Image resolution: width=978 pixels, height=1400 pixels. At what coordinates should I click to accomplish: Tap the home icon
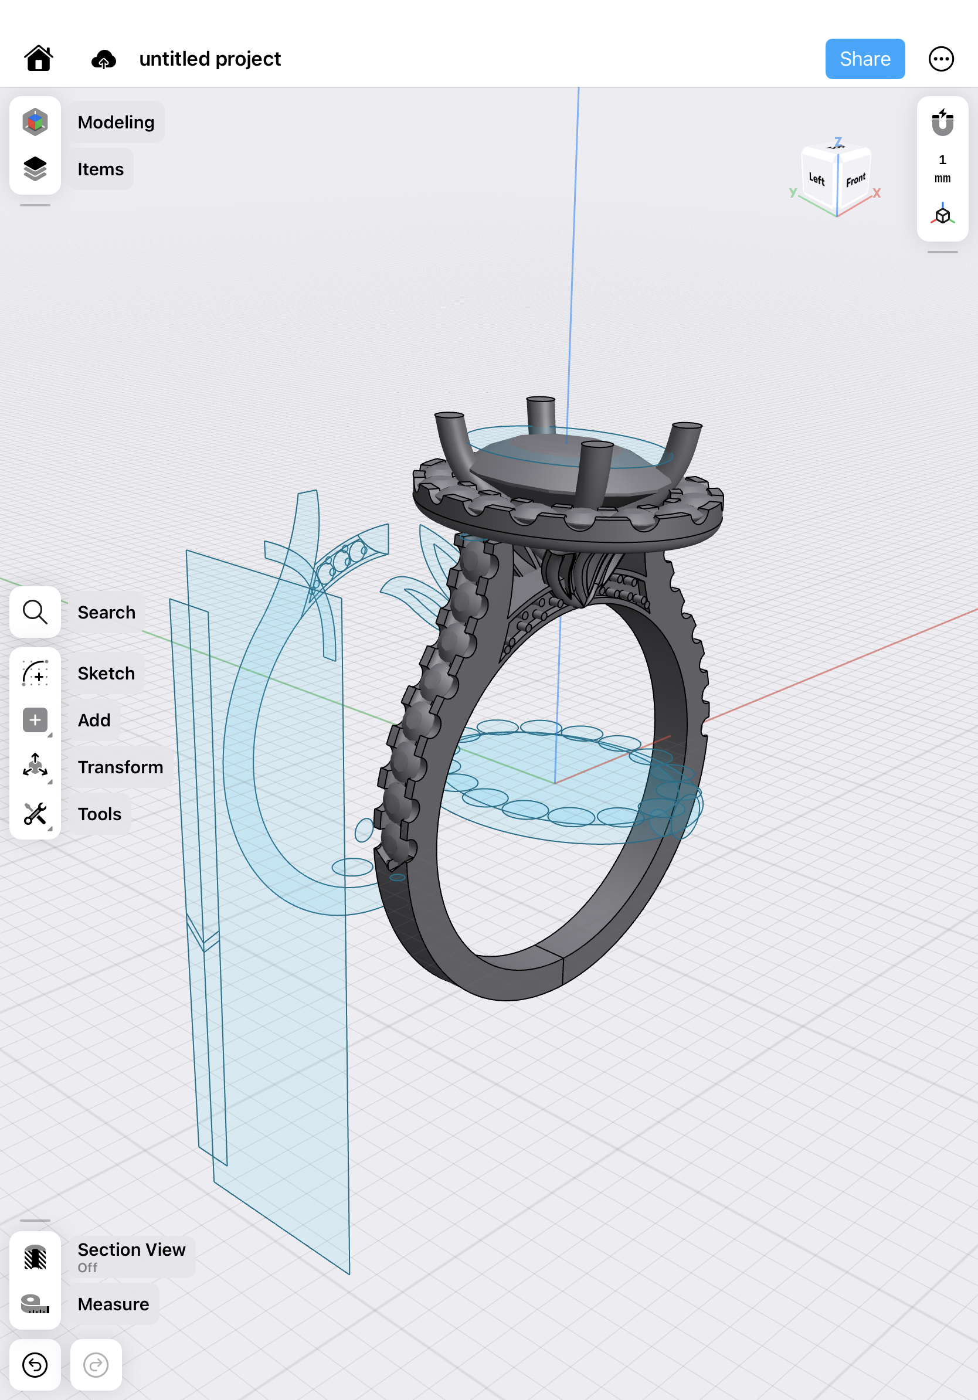(39, 59)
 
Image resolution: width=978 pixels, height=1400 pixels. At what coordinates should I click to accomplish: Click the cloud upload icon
(104, 59)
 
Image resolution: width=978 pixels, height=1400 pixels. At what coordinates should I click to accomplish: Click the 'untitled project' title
(210, 59)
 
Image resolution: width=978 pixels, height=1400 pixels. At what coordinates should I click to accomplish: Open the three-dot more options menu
(941, 59)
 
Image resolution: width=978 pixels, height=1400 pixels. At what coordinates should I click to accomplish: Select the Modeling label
(116, 122)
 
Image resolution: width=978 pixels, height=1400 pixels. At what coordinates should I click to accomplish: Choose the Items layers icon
(35, 169)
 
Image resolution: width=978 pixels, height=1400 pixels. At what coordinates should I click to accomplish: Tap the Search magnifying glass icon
(35, 612)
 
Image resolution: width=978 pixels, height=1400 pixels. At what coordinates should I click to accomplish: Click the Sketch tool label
(106, 673)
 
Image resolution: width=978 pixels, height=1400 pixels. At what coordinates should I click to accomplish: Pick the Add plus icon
(35, 720)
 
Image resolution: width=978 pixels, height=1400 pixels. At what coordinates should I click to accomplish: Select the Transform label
(120, 767)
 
